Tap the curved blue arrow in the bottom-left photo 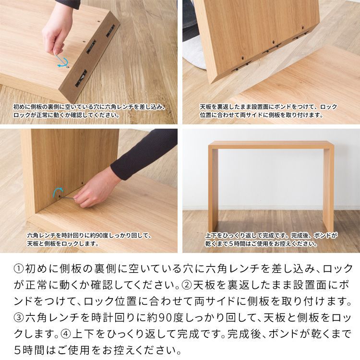[58, 192]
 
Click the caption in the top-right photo [268, 111]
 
